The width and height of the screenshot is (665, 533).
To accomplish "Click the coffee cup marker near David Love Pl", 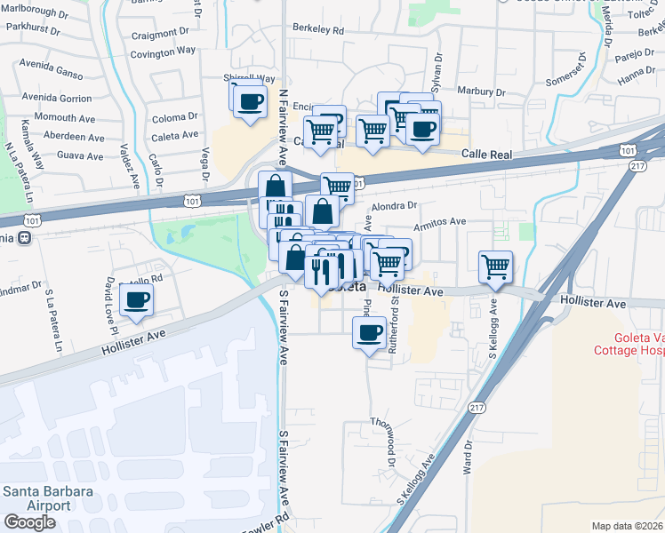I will coord(135,300).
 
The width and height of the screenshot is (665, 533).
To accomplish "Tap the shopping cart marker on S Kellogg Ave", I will coord(495,266).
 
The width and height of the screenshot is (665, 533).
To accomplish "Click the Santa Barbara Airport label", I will coord(37,497).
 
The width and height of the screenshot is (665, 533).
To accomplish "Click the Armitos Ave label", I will coord(445,221).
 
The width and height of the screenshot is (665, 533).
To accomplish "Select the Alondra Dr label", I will coord(394,205).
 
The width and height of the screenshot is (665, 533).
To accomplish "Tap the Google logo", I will coord(29,522).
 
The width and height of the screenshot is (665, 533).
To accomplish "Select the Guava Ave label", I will coord(80,155).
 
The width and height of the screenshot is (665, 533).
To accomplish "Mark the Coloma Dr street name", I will coord(174,117).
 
